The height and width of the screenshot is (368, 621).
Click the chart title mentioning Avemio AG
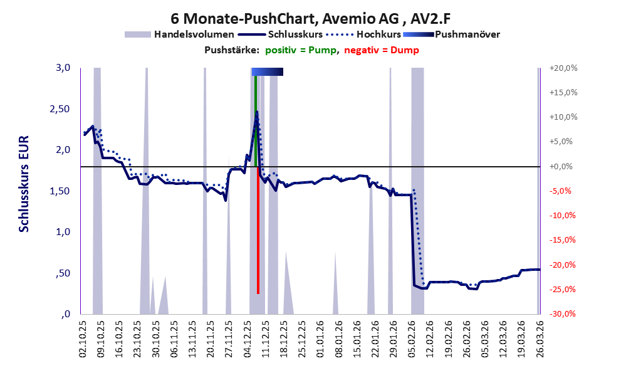click(x=311, y=18)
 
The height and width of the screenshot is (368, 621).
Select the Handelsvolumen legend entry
click(x=179, y=34)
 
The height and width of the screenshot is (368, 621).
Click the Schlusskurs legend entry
click(x=281, y=34)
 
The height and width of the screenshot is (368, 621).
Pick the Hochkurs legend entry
click(x=363, y=34)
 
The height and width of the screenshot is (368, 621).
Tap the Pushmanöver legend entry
click(x=451, y=34)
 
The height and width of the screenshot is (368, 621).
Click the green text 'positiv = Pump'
click(x=301, y=50)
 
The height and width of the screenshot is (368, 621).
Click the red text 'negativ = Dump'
click(x=382, y=50)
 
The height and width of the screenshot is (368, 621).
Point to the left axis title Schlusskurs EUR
click(x=24, y=184)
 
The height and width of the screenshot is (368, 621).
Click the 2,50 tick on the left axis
click(x=60, y=109)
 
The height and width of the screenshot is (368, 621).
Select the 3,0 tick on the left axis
click(x=63, y=68)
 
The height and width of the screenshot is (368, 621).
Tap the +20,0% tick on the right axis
click(x=563, y=68)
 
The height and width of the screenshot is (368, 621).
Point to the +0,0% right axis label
click(x=561, y=167)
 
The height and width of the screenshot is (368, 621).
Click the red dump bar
click(x=258, y=230)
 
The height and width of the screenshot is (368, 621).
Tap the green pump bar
click(x=256, y=121)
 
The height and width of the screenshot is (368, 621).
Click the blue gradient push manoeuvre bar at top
click(x=268, y=71)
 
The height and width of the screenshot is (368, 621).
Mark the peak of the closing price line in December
click(x=257, y=112)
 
